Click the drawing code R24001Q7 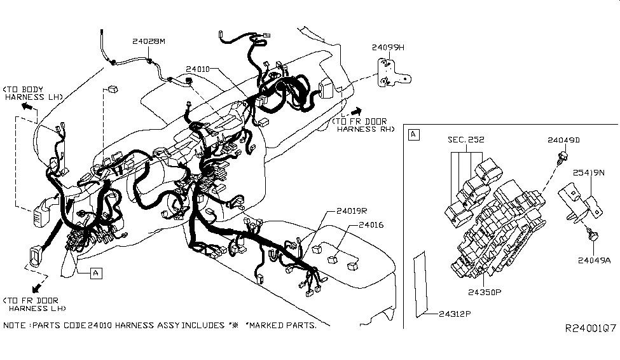[x=591, y=329]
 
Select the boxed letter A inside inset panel [x=414, y=134]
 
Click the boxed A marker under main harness [x=96, y=273]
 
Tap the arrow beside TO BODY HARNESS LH [x=27, y=107]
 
